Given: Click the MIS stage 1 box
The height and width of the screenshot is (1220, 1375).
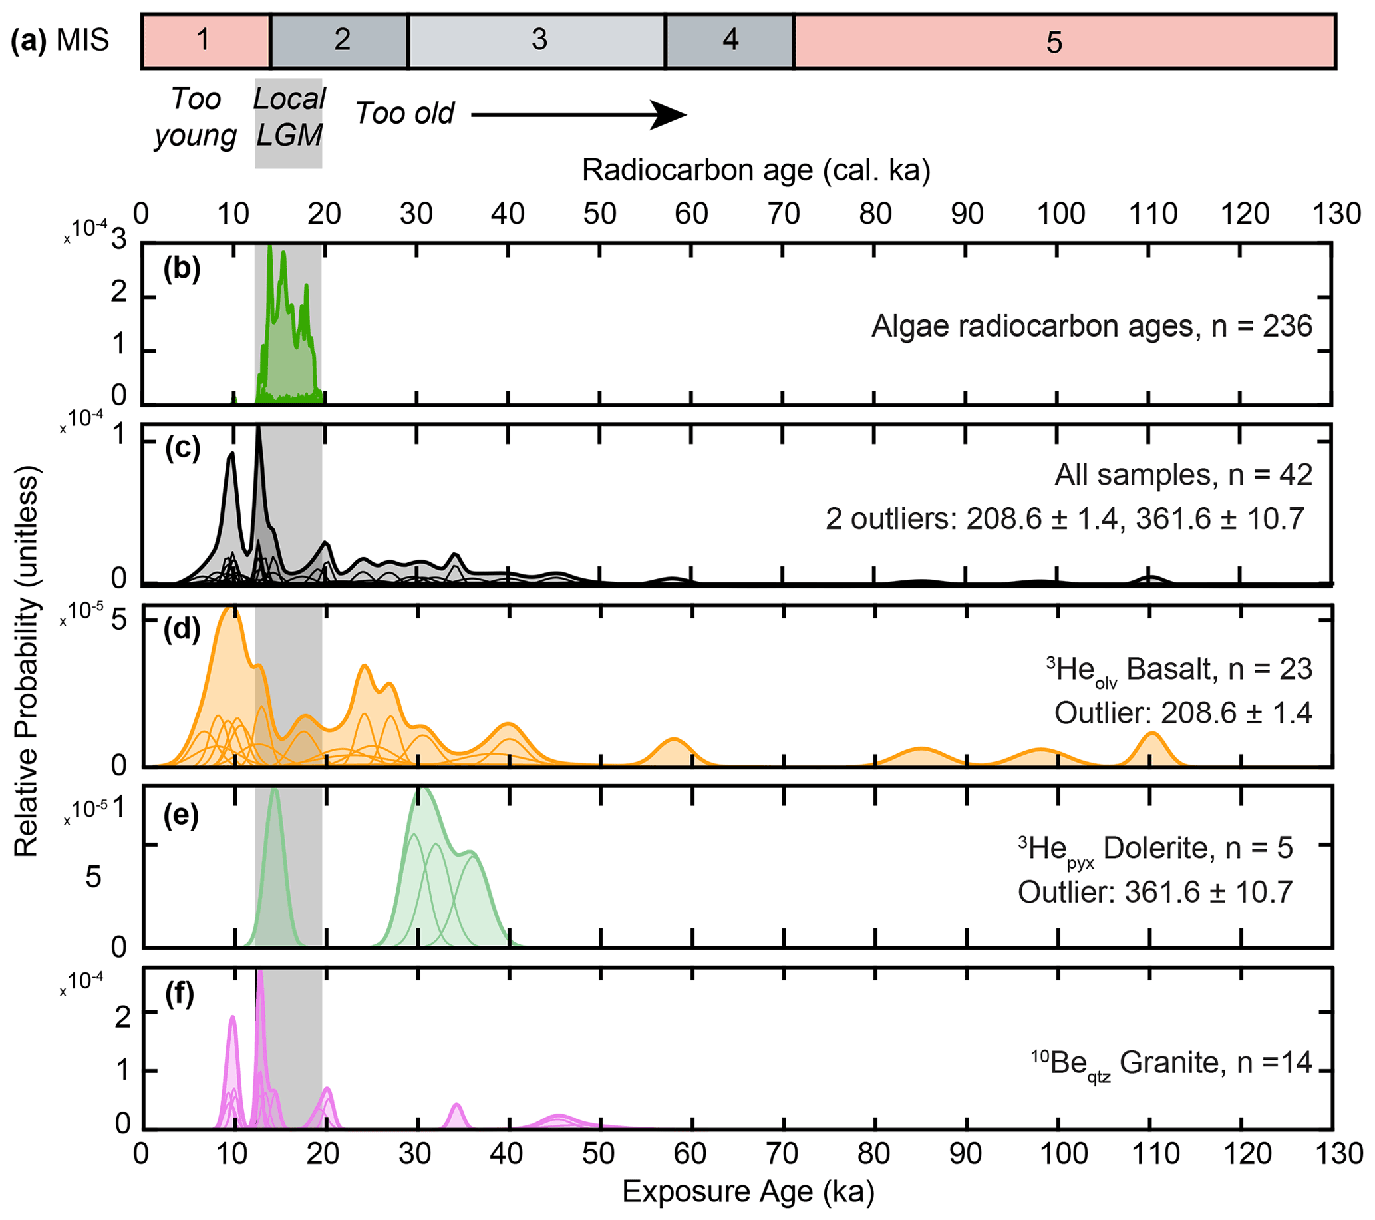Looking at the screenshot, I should coord(205,41).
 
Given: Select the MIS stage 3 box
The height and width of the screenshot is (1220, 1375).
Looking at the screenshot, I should coord(537,41).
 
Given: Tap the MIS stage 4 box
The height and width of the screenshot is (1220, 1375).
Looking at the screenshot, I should coord(729,41).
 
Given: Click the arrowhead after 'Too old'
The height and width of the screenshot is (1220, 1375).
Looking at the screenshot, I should coord(669,115).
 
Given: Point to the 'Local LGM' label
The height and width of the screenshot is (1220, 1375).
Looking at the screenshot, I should coord(289,117).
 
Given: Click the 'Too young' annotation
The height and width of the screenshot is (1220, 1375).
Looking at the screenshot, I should coord(196,117).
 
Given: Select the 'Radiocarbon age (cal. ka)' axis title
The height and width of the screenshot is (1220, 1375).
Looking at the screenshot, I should coord(756,171).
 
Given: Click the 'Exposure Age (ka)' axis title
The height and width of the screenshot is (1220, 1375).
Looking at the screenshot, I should coord(748,1192).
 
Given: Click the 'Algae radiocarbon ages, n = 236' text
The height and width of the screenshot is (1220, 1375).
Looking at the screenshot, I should coord(1091,327).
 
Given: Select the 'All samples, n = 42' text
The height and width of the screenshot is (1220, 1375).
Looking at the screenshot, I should coord(1183,475).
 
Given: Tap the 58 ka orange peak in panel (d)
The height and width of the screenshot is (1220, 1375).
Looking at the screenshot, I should coord(673,743).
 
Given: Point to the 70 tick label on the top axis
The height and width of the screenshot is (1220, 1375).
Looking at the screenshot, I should coord(784,214).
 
